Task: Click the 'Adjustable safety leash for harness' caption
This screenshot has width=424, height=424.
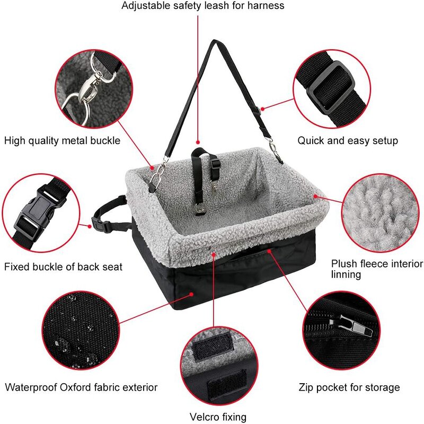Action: click(x=203, y=6)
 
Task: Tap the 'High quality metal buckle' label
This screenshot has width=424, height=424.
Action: click(x=62, y=140)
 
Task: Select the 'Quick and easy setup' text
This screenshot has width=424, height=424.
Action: click(x=347, y=140)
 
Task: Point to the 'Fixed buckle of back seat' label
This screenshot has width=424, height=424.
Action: click(x=63, y=266)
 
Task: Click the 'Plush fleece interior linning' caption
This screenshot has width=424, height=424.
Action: click(x=377, y=269)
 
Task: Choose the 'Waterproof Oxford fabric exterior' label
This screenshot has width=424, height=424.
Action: click(x=81, y=387)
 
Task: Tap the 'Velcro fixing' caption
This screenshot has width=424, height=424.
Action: click(x=218, y=417)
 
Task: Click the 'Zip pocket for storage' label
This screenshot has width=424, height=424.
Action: click(x=349, y=387)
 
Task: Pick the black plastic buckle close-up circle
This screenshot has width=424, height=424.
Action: click(x=40, y=213)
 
